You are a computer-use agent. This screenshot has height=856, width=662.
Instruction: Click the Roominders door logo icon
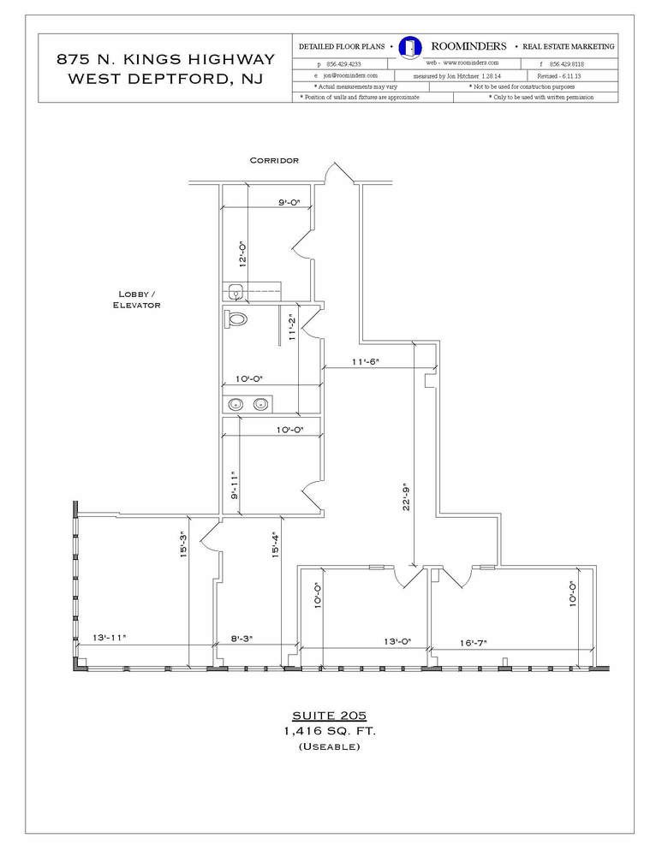coord(409,47)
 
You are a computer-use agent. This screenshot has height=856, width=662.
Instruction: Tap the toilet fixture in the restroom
coord(235,318)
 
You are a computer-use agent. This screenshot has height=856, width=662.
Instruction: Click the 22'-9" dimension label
coord(406,496)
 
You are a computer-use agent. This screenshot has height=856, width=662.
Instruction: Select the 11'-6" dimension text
coord(366,361)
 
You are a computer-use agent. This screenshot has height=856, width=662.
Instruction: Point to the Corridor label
coord(274,161)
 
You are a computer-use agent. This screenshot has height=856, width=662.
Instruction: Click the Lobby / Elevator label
coord(136,300)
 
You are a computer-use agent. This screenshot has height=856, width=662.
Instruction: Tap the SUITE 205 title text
coord(330,716)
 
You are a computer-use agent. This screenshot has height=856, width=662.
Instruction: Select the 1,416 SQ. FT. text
coord(330,731)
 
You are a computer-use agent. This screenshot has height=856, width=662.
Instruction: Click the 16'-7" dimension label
coord(473,643)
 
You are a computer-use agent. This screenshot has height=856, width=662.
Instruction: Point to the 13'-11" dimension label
coord(110,637)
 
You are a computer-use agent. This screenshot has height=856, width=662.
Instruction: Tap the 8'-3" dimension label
coord(241,638)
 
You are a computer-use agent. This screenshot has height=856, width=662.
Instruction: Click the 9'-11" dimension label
coord(234,485)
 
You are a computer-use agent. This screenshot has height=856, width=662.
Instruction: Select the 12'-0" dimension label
coord(243,253)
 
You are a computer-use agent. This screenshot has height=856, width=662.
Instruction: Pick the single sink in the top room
coord(236,292)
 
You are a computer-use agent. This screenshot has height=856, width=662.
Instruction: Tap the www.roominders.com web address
coord(462,62)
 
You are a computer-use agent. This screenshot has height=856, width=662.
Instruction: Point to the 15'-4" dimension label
coord(276,544)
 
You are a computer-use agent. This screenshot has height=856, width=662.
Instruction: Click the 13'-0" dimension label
coord(397,641)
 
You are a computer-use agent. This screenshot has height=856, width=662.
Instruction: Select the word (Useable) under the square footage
coord(330,746)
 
